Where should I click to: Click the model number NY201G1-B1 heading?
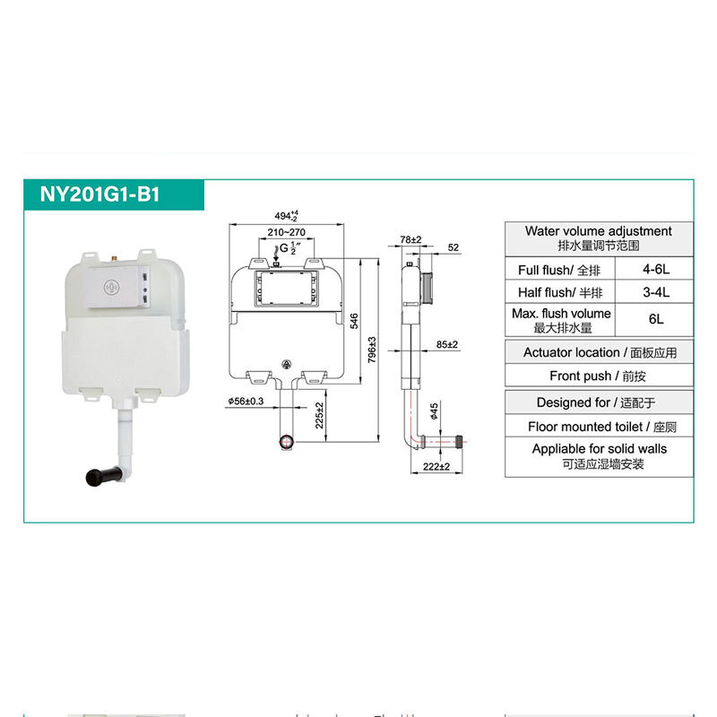[99, 194]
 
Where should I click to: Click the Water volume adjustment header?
[598, 238]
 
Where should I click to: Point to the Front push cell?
[598, 376]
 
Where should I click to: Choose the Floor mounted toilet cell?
[598, 428]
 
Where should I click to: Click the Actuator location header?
[598, 353]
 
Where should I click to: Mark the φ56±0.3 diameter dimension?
[245, 402]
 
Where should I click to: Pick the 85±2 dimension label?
[447, 344]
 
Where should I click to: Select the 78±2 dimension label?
[410, 240]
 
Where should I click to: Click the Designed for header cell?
[598, 403]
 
